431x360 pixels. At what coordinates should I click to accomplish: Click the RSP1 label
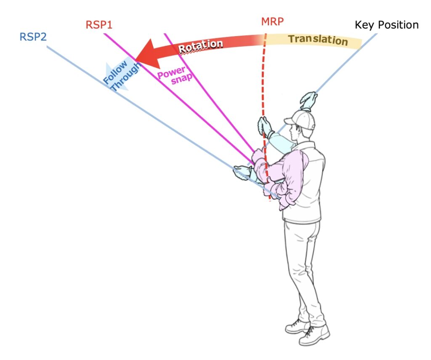[99, 24]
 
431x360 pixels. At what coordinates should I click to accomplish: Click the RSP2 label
[33, 37]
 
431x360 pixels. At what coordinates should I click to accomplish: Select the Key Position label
[386, 25]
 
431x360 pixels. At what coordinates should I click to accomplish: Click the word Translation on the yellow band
[318, 40]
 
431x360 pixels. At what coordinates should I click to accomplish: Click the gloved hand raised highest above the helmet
[309, 100]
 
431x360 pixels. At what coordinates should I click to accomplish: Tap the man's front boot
[314, 334]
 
